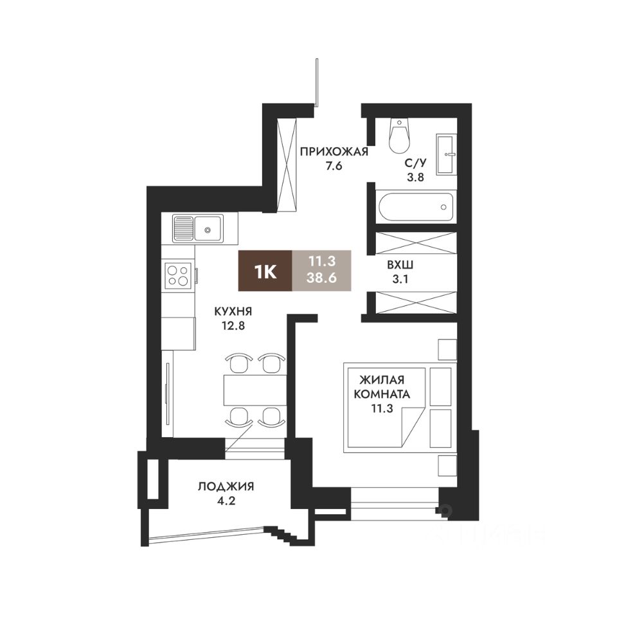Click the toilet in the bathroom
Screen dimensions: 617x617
[x=399, y=136]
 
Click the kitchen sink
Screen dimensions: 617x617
[x=198, y=228]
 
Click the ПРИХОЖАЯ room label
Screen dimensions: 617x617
[x=334, y=152]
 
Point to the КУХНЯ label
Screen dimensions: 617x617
[x=233, y=311]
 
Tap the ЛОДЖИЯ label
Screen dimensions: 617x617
[x=226, y=487]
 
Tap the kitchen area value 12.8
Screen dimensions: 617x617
[x=233, y=325]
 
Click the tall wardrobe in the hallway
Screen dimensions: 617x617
[x=287, y=165]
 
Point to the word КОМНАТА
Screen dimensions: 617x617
[x=382, y=393]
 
